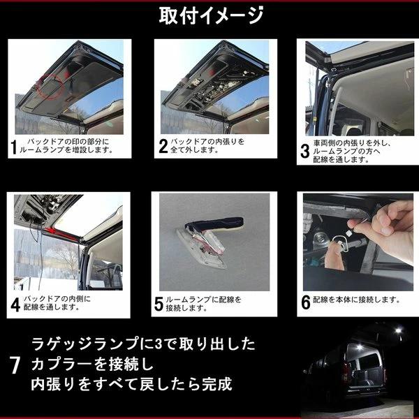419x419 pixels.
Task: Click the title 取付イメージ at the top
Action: (210, 15)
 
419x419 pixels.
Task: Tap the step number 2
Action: (164, 147)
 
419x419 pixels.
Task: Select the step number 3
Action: (304, 151)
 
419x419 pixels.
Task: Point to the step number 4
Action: (15, 303)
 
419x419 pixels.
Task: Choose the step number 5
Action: (159, 303)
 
